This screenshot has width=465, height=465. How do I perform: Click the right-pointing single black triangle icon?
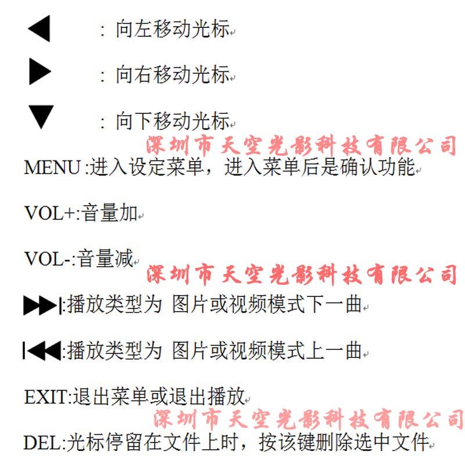click(x=40, y=73)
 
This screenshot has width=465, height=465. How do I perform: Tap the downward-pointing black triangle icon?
click(x=41, y=117)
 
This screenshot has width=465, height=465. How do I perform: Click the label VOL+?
click(x=49, y=213)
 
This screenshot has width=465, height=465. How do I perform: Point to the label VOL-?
click(x=47, y=259)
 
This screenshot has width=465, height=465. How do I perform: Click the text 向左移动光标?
click(x=172, y=30)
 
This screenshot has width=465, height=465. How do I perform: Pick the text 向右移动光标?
click(x=172, y=75)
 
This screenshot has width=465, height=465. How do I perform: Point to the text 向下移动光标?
click(x=172, y=121)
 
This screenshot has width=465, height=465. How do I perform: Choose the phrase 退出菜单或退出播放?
click(x=157, y=397)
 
